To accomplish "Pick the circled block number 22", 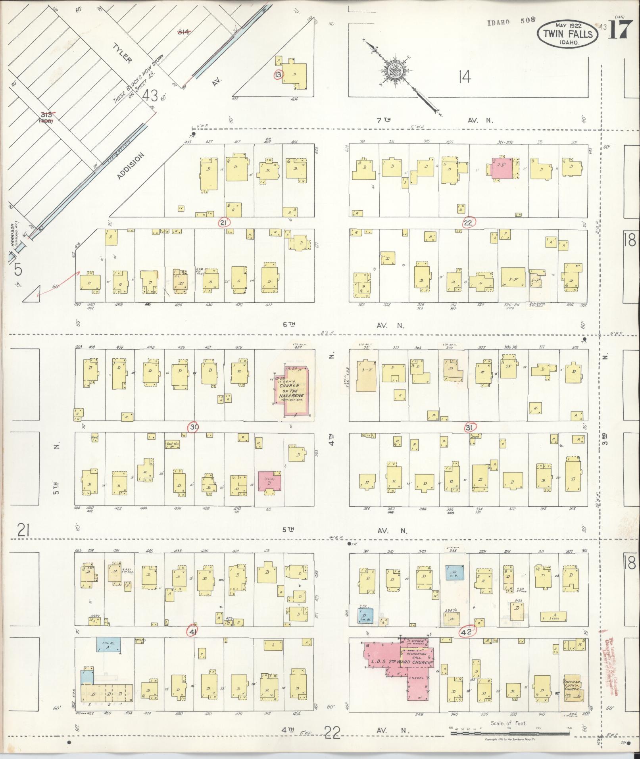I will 469,223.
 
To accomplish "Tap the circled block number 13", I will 279,74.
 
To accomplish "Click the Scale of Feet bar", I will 510,734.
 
